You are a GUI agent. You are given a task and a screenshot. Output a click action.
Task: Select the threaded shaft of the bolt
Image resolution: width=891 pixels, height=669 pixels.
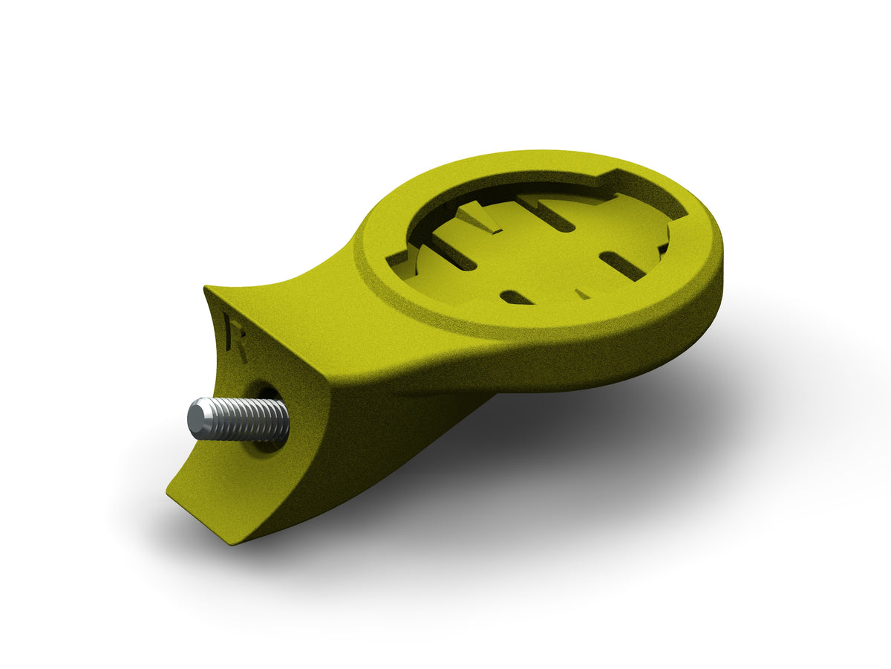249,420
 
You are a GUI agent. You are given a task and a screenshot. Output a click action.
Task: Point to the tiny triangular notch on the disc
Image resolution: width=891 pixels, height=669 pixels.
583,294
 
